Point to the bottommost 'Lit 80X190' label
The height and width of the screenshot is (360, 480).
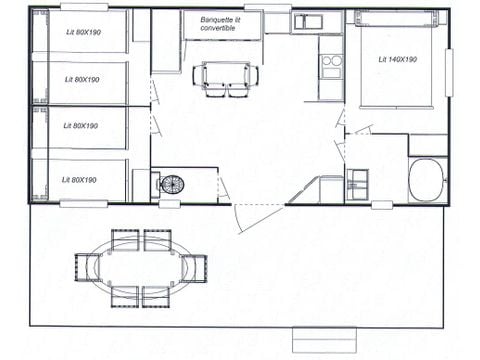(81, 180)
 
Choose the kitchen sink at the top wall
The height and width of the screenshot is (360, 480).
(308, 21)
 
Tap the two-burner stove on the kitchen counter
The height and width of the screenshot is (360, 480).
(331, 66)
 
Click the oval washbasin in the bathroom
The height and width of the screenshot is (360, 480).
(427, 180)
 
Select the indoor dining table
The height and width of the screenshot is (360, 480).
(226, 75)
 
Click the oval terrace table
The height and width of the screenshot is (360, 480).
(141, 267)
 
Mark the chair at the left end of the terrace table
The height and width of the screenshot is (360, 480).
(87, 267)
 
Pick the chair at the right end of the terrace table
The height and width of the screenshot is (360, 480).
(195, 267)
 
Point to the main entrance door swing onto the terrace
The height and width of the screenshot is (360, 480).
(255, 215)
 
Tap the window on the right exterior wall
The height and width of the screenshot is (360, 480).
(448, 72)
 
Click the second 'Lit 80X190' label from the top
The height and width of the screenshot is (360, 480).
(81, 79)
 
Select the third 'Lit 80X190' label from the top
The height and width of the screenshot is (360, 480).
(81, 126)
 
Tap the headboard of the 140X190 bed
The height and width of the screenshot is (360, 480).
(396, 19)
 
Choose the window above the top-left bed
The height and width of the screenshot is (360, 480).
(84, 7)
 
